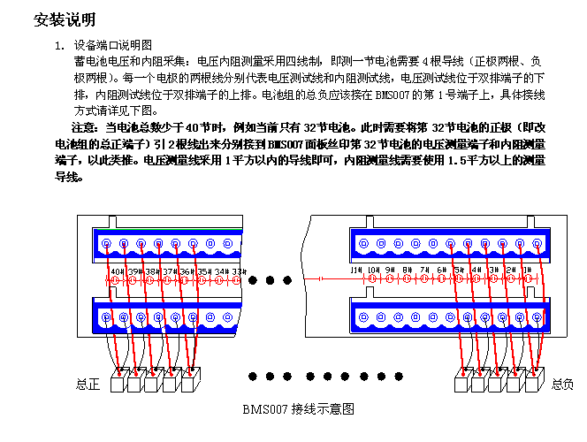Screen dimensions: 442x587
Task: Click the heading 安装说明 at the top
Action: [65, 19]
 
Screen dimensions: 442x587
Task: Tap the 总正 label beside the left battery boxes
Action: [88, 384]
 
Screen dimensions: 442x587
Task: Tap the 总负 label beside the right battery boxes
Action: [563, 384]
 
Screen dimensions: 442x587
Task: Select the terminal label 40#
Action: [117, 271]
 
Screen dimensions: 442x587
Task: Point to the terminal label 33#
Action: [239, 271]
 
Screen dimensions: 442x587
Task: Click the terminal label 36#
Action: [187, 271]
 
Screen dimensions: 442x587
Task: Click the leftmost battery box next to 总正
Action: [118, 384]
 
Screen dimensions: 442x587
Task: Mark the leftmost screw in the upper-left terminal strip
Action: [106, 243]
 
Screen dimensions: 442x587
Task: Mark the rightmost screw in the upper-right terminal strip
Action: [537, 243]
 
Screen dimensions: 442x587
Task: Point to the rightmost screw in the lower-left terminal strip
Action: [229, 316]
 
